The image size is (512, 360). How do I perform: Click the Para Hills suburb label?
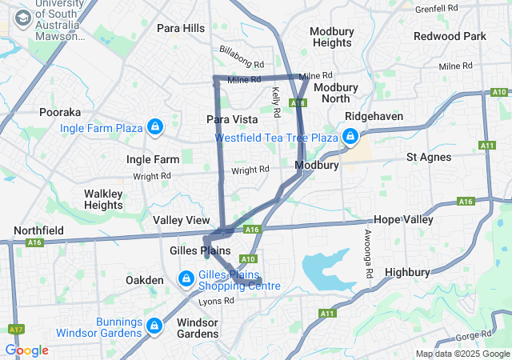(x=181, y=28)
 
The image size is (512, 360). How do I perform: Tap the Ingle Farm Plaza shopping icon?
(x=154, y=126)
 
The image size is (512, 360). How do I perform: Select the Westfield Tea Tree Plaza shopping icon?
(x=350, y=138)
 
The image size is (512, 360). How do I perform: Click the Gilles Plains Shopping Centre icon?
(x=186, y=278)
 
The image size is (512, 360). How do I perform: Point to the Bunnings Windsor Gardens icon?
(x=154, y=326)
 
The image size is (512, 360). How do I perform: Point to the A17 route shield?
(x=15, y=329)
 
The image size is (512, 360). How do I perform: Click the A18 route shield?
(x=298, y=103)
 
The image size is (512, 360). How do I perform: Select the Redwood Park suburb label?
(x=450, y=36)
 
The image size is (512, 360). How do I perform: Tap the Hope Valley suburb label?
(x=403, y=219)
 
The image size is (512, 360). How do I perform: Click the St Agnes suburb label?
(x=429, y=157)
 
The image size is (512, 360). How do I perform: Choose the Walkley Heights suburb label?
(x=103, y=199)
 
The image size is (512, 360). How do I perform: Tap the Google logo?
(x=26, y=350)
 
